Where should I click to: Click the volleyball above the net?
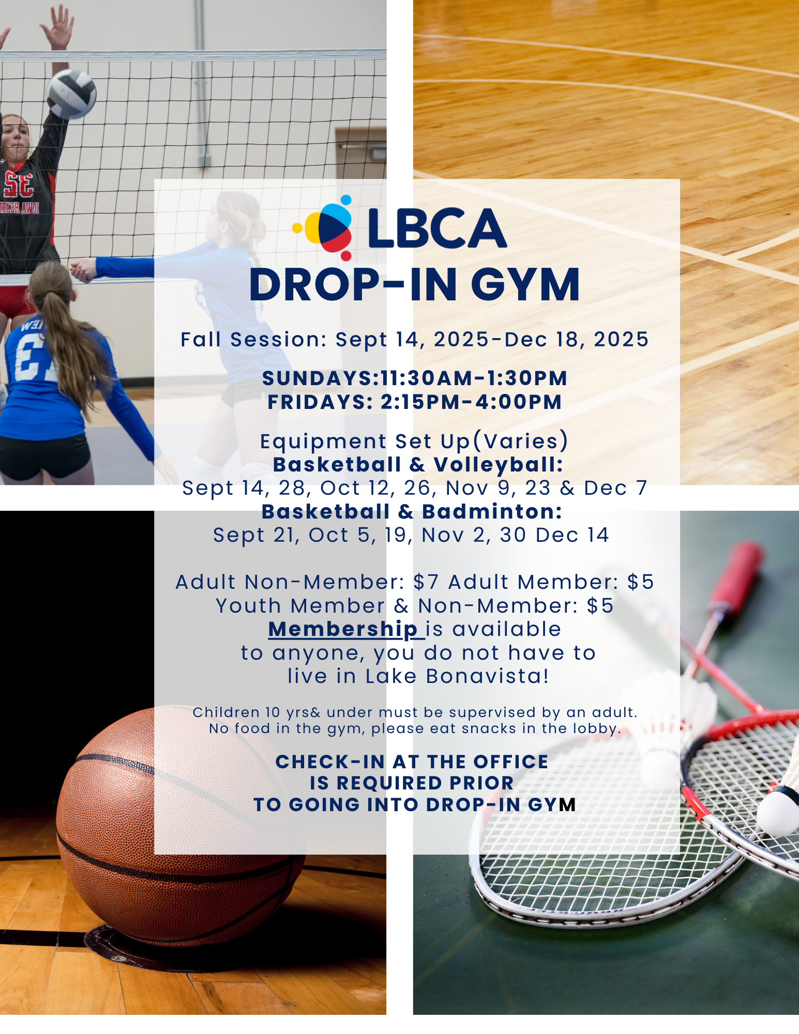[x=71, y=94]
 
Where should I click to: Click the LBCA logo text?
[x=437, y=229]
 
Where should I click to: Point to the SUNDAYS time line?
[x=414, y=378]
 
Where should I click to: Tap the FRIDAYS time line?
[x=414, y=402]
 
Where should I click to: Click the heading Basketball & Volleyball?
[x=418, y=465]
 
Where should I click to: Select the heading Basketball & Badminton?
[x=412, y=511]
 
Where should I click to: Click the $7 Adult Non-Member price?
[x=426, y=582]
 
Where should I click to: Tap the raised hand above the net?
[x=57, y=26]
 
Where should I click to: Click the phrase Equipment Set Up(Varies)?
[x=414, y=442]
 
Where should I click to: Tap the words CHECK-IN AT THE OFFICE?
[x=412, y=762]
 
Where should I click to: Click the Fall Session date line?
[x=414, y=340]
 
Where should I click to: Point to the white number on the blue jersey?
[x=32, y=357]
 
